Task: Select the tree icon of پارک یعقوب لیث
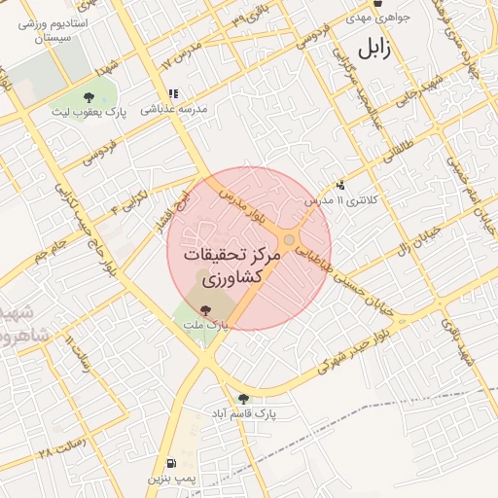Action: tap(89, 96)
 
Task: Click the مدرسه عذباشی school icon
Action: tap(173, 94)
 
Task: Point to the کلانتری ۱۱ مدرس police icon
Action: tap(340, 185)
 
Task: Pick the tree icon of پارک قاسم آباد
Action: tap(242, 398)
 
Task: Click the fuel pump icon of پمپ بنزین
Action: tap(172, 463)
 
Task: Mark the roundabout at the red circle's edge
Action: tap(289, 240)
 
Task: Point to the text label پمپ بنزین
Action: tap(172, 480)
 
